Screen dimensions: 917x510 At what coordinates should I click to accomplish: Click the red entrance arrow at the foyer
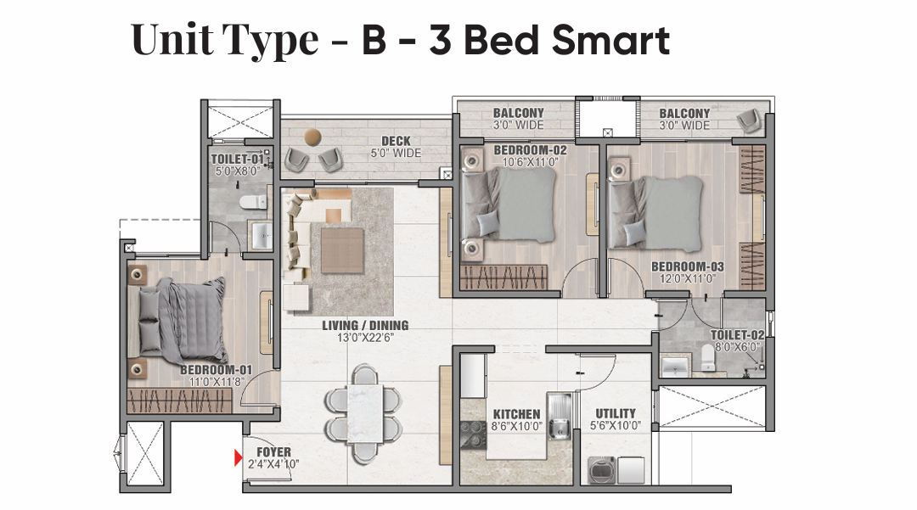coord(238,457)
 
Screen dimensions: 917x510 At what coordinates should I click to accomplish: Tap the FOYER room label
coord(273,452)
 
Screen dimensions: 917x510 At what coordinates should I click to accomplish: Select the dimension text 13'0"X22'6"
coord(365,338)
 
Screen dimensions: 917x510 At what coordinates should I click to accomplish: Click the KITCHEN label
coord(516,414)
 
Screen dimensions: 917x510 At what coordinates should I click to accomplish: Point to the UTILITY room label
coord(616,413)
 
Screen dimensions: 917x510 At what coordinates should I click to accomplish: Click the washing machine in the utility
coord(601,469)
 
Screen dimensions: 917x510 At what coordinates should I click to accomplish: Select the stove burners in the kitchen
coord(473,435)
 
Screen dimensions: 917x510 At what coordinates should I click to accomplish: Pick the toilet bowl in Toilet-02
coord(707,357)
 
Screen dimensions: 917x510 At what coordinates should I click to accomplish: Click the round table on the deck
coord(312,137)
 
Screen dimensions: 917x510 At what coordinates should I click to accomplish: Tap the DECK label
coord(396,141)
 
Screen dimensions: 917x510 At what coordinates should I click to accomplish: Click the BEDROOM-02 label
coord(530,150)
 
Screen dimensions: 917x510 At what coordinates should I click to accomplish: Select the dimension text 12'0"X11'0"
coord(687,278)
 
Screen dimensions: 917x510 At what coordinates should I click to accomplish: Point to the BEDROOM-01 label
coord(216,370)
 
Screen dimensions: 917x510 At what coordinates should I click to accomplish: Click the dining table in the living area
coord(365,414)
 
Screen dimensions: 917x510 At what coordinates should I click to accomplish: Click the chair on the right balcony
coord(749,120)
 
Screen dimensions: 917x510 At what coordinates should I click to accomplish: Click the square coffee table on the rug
coord(342,250)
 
